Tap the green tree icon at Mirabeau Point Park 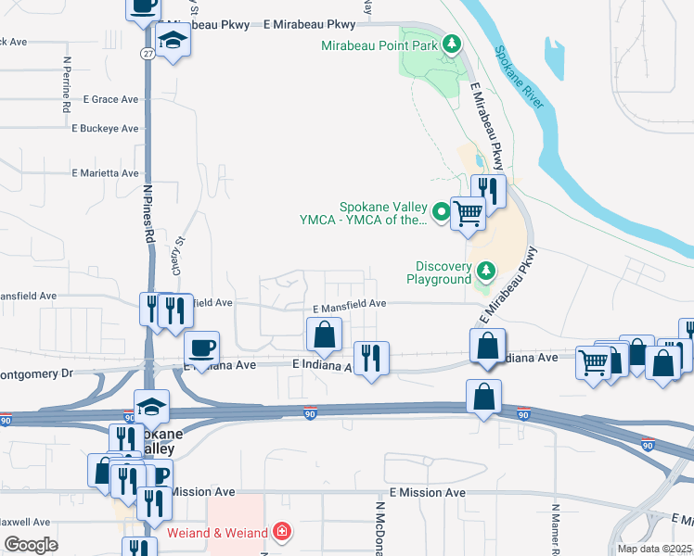451,44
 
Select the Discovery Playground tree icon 485,271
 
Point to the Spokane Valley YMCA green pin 441,212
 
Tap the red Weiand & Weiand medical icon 281,533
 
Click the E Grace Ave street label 110,99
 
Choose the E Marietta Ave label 105,173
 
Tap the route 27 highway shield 148,55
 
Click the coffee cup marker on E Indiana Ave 201,349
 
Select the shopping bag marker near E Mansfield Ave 324,335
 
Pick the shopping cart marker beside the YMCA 468,212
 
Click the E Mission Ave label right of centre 428,493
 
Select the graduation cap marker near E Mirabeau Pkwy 173,41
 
